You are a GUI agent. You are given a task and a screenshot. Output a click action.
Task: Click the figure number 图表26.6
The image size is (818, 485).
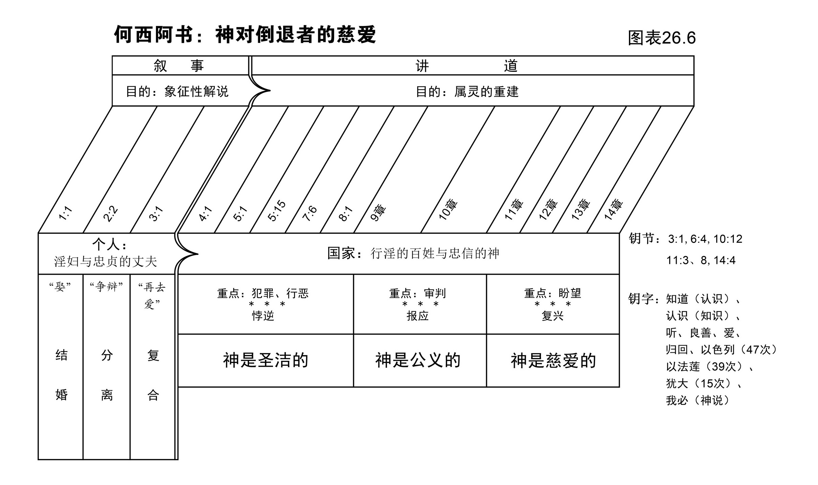(661, 38)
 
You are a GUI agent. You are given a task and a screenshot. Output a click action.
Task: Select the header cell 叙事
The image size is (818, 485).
(179, 66)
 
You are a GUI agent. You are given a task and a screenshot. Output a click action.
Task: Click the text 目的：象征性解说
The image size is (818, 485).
(177, 92)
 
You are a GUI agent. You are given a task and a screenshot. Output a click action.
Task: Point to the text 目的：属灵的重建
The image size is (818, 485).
(467, 92)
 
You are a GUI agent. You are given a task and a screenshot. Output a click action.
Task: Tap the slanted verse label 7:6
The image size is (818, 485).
(310, 213)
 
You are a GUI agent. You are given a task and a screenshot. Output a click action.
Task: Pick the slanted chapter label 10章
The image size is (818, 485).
(448, 210)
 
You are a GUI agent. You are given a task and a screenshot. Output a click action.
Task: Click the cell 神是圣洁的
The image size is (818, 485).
(266, 360)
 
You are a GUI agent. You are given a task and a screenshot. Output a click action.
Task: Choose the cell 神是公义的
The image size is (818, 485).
(418, 360)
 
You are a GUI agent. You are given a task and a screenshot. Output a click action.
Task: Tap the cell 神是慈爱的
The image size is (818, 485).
(553, 361)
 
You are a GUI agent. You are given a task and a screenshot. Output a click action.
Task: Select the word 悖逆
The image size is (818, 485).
(263, 316)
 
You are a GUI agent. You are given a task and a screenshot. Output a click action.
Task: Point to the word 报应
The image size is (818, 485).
(417, 316)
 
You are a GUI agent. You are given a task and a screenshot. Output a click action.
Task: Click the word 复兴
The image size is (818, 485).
(552, 316)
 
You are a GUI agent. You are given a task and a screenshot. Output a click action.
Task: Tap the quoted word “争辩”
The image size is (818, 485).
(106, 287)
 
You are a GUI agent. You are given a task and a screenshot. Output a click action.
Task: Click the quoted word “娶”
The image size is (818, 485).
(60, 287)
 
